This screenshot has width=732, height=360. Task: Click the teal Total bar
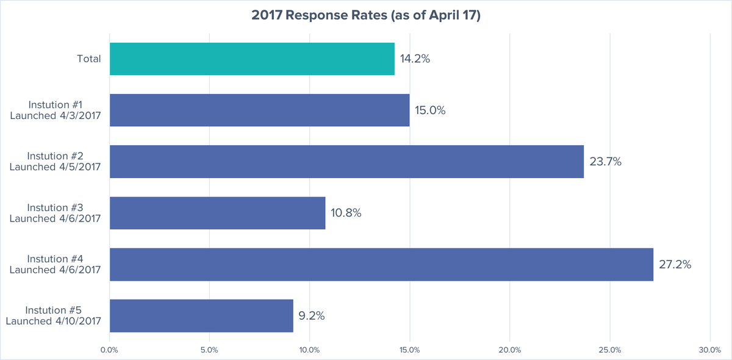[252, 59]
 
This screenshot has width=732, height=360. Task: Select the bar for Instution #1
[259, 110]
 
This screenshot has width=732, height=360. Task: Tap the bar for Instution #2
[346, 162]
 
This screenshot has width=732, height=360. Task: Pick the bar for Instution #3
[217, 213]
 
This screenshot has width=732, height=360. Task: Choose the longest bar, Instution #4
[381, 264]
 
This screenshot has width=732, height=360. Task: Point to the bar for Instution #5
[201, 315]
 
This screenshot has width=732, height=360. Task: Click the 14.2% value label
[415, 59]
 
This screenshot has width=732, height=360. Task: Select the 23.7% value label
[605, 162]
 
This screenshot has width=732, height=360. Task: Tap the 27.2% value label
[675, 264]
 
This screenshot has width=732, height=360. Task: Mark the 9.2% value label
[311, 315]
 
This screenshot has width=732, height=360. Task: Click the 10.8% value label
[346, 213]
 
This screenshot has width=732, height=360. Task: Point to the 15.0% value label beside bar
[430, 110]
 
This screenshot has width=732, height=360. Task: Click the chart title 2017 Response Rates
[366, 16]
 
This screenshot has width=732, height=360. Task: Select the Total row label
[88, 59]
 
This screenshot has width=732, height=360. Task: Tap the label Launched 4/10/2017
[53, 321]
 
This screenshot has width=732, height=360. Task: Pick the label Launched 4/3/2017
[56, 116]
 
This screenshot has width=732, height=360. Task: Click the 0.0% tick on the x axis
[110, 350]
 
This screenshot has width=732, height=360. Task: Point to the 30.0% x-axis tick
[709, 350]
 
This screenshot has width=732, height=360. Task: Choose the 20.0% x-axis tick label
[509, 350]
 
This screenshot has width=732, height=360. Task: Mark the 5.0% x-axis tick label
[210, 350]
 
